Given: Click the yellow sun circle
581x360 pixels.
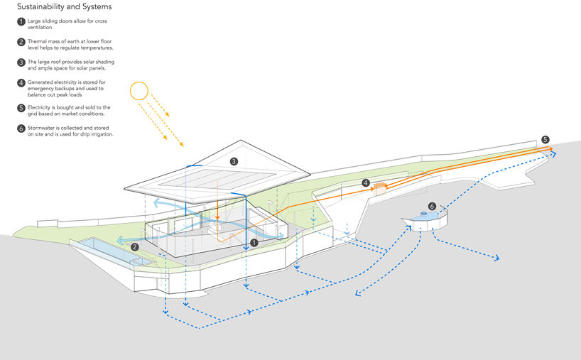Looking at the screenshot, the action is tap(139, 91).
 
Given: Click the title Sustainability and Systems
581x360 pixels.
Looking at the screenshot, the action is tap(65, 6).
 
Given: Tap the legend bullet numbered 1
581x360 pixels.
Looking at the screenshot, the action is tap(21, 22).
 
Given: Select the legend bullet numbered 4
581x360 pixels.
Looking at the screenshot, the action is tap(21, 83).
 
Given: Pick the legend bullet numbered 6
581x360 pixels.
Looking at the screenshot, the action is tap(21, 129).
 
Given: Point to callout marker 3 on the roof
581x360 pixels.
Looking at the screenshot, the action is tap(234, 161).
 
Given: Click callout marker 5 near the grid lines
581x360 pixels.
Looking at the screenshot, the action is tap(545, 140).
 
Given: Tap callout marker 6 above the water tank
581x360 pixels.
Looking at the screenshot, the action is tap(432, 207).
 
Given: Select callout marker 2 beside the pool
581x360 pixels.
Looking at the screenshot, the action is tap(135, 247).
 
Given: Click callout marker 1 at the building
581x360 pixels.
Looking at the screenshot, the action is tap(254, 243).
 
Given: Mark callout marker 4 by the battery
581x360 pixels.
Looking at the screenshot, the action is tap(366, 182).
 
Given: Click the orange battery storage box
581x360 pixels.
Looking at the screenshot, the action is tap(380, 189).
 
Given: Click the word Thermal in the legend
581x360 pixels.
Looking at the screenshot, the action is tap(37, 41).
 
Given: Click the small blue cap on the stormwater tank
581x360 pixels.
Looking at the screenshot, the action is tap(423, 214).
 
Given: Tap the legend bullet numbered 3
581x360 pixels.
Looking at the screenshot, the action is tap(21, 62).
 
